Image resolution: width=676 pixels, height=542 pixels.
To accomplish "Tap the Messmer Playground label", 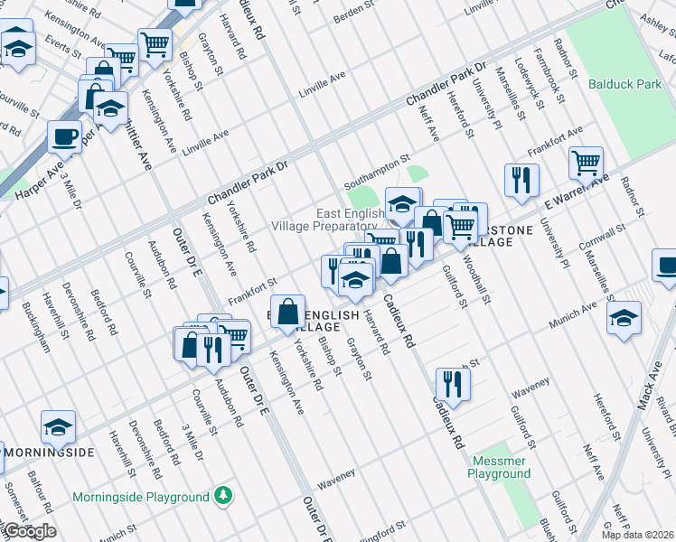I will click(500, 467).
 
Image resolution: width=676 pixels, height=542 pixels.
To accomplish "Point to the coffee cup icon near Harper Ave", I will click(64, 136).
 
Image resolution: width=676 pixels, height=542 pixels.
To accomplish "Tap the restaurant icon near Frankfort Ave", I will click(522, 180).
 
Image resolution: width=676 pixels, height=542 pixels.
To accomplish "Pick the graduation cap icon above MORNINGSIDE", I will click(58, 426).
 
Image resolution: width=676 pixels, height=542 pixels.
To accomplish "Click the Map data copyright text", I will click(645, 535).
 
